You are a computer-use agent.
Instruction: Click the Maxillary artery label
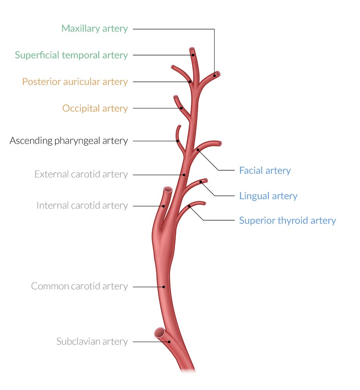pyautogui.click(x=95, y=28)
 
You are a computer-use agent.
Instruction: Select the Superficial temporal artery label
pyautogui.click(x=71, y=55)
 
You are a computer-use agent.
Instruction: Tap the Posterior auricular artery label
pyautogui.click(x=75, y=82)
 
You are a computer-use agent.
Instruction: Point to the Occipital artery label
pyautogui.click(x=95, y=108)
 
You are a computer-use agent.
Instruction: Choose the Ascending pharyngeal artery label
pyautogui.click(x=68, y=141)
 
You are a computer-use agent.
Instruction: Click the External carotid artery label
pyautogui.click(x=81, y=174)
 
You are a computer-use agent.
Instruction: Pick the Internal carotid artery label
pyautogui.click(x=82, y=205)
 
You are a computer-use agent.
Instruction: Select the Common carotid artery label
pyautogui.click(x=79, y=286)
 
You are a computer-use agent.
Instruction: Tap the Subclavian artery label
pyautogui.click(x=92, y=342)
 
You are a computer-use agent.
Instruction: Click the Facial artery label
pyautogui.click(x=265, y=171)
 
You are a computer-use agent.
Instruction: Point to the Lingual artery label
pyautogui.click(x=268, y=196)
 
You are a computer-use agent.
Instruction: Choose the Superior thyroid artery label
pyautogui.click(x=287, y=221)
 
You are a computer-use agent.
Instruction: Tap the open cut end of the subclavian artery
pyautogui.click(x=159, y=333)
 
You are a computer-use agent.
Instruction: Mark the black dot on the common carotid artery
pyautogui.click(x=164, y=287)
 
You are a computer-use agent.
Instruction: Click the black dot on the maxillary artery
pyautogui.click(x=214, y=75)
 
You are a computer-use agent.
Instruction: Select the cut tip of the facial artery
pyautogui.click(x=220, y=144)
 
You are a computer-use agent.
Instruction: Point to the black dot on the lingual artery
pyautogui.click(x=201, y=182)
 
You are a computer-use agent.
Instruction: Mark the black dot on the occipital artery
pyautogui.click(x=181, y=108)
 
